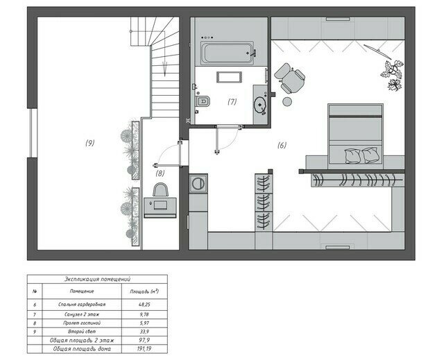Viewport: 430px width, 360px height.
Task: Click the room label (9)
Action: point(90,143)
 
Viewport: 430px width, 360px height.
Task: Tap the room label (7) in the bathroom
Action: point(232,102)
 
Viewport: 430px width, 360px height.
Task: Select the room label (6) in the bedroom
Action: point(282,145)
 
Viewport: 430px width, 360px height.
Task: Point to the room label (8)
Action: point(160,173)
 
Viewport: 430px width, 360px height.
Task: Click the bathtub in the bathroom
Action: point(227,53)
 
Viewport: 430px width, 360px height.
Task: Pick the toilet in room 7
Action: point(203,101)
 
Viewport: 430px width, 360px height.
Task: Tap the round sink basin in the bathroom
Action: point(259,105)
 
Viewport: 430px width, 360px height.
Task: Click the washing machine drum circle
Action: point(198,183)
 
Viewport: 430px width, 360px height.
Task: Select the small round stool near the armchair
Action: point(287,101)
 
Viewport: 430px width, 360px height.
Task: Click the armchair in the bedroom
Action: point(290,78)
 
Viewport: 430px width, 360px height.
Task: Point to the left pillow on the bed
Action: point(352,156)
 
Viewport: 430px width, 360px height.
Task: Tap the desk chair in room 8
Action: point(160,190)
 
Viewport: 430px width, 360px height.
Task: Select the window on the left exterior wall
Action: point(33,133)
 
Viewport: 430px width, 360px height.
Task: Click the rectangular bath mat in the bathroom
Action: point(230,77)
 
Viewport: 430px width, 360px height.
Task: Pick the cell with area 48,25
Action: point(144,305)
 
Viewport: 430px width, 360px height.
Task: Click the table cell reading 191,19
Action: point(144,349)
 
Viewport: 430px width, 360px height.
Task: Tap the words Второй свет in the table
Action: point(82,332)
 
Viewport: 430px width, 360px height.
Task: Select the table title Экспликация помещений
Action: point(97,279)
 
